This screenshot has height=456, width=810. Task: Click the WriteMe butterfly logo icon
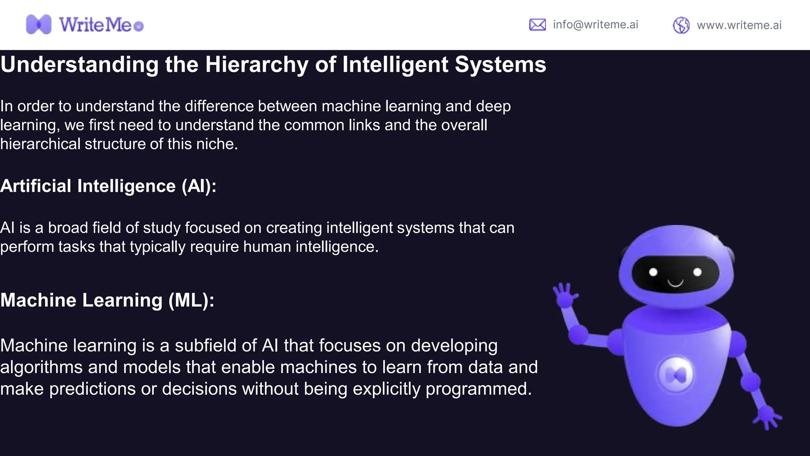coord(38,25)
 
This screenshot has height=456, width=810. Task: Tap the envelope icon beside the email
coord(537,25)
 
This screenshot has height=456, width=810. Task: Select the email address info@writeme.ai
coord(595,25)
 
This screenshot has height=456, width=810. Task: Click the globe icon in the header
coord(681,25)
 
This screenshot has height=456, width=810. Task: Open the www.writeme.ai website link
coord(739,25)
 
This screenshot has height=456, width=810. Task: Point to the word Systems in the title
coord(500,65)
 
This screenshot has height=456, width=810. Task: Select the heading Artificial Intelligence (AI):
coord(108,186)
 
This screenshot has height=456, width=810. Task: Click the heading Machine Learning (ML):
coord(107,300)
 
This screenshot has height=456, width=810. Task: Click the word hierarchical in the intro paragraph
coord(40,144)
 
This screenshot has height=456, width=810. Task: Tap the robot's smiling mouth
coord(675,283)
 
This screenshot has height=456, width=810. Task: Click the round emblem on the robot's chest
coord(676,374)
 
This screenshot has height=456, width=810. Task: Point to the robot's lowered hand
coord(767,417)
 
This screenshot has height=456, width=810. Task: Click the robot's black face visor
coord(675,274)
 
